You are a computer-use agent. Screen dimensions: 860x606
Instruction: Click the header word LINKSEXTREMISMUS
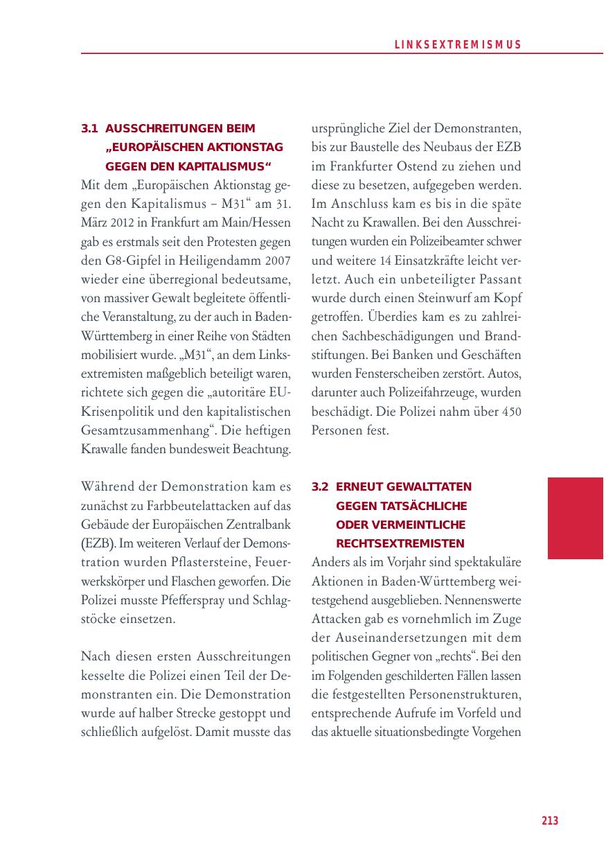point(458,45)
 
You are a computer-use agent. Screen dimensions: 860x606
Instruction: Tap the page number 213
point(550,821)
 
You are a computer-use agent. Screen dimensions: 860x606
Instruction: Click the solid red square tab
point(575,518)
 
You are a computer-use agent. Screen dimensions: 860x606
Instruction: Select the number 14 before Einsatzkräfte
point(386,262)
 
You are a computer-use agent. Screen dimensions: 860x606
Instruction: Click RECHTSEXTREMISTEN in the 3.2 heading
point(400,543)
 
